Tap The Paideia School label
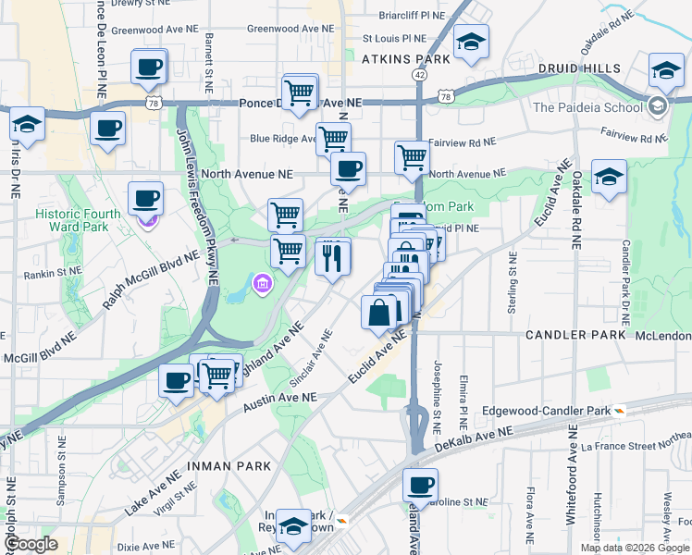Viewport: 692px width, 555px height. [x=587, y=106]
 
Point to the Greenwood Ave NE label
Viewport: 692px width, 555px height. [x=289, y=29]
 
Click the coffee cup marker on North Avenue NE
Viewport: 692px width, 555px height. [x=348, y=169]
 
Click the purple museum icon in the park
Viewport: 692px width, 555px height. [x=262, y=282]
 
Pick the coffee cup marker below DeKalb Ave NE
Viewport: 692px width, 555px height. [x=420, y=486]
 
